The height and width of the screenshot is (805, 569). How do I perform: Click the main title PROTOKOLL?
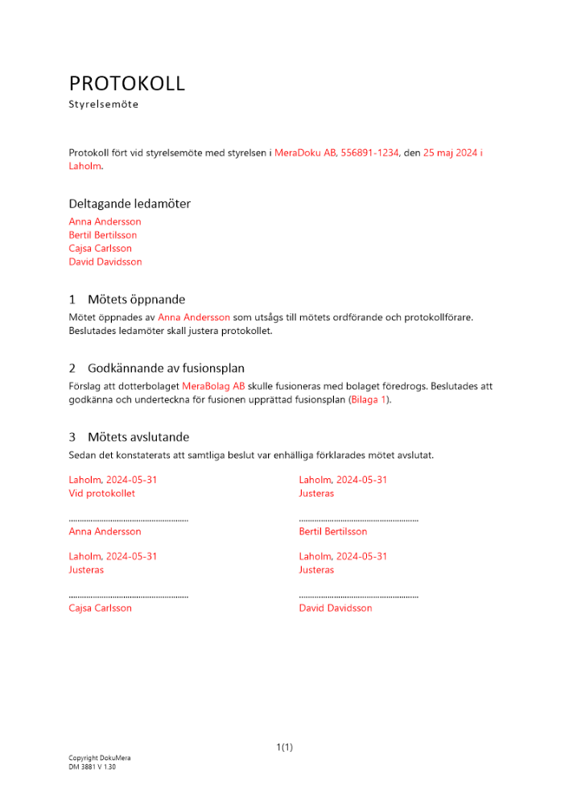pyautogui.click(x=127, y=84)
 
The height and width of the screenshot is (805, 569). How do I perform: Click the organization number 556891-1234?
pyautogui.click(x=369, y=152)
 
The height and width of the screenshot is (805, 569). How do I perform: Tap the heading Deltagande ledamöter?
pyautogui.click(x=130, y=204)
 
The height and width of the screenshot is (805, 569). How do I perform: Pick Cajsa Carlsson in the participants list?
pyautogui.click(x=101, y=249)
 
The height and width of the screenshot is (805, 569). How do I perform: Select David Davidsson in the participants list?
pyautogui.click(x=105, y=262)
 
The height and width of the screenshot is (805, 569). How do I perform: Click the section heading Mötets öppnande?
pyautogui.click(x=136, y=299)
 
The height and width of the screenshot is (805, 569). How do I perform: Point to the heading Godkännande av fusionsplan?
pyautogui.click(x=166, y=369)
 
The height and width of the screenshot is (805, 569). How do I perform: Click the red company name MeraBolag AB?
pyautogui.click(x=213, y=386)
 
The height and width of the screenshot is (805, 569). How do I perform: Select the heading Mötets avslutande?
pyautogui.click(x=138, y=437)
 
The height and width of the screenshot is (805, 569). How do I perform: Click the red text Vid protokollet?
pyautogui.click(x=102, y=493)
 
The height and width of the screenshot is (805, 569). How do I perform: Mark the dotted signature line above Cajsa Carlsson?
pyautogui.click(x=129, y=597)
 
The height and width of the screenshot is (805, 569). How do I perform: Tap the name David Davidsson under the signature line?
pyautogui.click(x=336, y=609)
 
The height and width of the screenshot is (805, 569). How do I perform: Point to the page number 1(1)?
pyautogui.click(x=285, y=747)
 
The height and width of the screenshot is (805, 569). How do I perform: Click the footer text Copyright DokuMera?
pyautogui.click(x=100, y=758)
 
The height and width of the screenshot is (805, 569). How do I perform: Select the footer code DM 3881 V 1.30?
pyautogui.click(x=93, y=767)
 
